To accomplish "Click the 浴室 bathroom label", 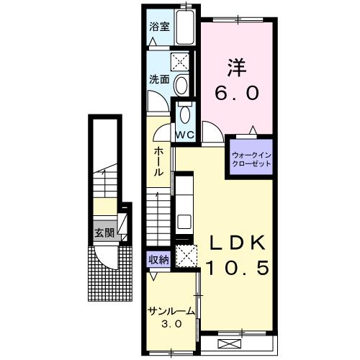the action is coord(159,27).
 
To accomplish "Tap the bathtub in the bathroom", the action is coord(185,27).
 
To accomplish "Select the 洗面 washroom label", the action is coord(159,79).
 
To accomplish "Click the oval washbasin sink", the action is coord(181,85).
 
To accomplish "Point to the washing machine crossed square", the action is coord(180,63).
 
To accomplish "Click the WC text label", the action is coord(184,135).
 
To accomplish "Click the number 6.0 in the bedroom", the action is coord(237,93).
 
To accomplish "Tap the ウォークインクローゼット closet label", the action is coord(251,160).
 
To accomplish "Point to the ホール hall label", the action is coord(158,162).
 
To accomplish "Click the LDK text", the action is coord(238,243).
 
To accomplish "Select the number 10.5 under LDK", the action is coord(237,268).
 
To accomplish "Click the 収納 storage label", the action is coord(158,260).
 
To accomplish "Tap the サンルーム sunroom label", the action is coord(171,312).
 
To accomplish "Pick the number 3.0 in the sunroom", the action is coord(171,325).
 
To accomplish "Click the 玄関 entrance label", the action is coord(104,233).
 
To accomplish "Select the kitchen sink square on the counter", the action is coord(184,222).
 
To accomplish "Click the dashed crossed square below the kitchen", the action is coord(186,256).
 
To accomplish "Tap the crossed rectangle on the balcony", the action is coord(230,344).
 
